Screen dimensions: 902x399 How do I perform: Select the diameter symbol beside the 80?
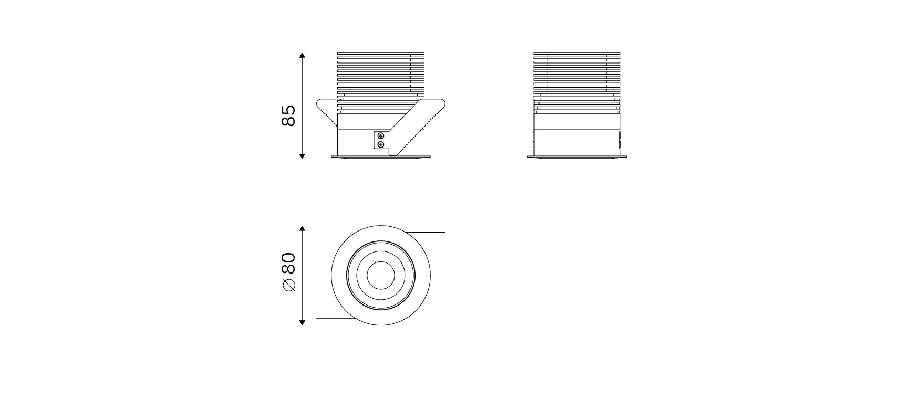point(289,285)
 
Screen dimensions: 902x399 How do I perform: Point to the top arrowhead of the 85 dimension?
point(302,55)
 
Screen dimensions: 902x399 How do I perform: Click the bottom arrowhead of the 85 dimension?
point(302,156)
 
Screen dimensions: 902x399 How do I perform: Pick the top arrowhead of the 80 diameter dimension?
point(302,229)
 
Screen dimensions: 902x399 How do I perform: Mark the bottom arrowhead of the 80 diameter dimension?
point(302,322)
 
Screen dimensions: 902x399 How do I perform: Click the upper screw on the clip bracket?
point(381,136)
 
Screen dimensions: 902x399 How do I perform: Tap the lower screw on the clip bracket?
point(381,144)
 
